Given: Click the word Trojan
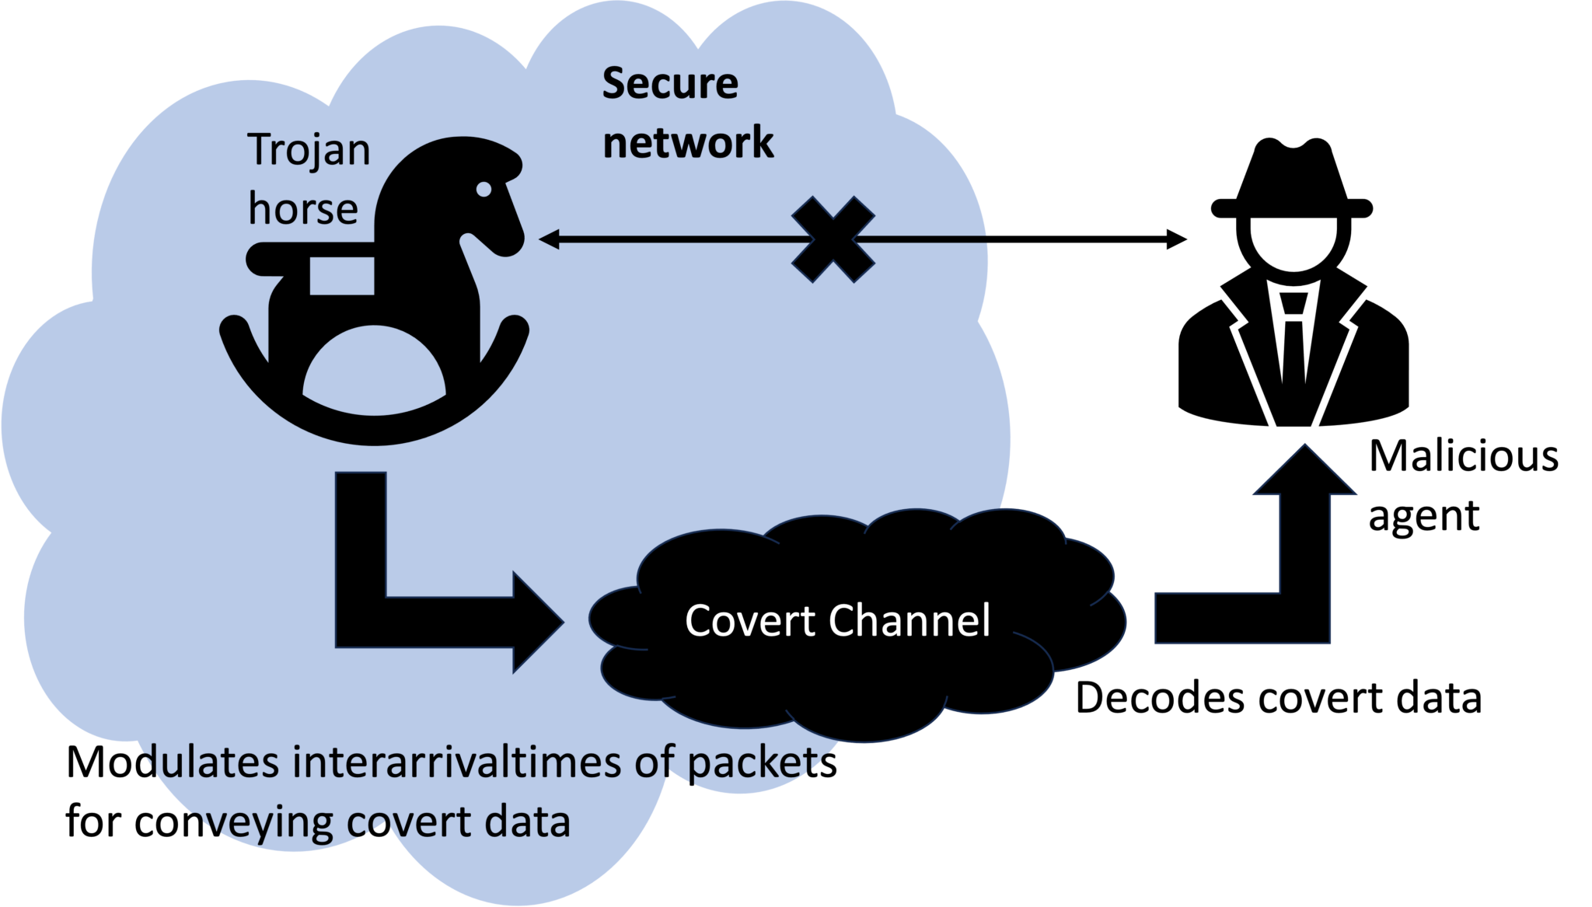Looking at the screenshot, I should coord(309,150).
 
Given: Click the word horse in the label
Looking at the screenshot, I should coord(302,209).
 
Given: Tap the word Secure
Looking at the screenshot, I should coord(669,84).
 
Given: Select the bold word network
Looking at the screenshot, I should coord(687,143).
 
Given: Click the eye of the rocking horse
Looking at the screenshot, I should coord(484,189).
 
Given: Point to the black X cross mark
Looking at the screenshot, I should coord(833,239).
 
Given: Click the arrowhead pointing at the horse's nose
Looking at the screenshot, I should coord(549,239).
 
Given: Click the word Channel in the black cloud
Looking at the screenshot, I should coord(909,620).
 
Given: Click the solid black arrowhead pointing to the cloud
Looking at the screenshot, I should coord(536,622).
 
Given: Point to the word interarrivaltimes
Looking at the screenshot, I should coord(456,762).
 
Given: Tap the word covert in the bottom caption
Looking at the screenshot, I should coord(408,822).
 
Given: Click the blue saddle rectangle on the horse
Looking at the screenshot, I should coord(341,276).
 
